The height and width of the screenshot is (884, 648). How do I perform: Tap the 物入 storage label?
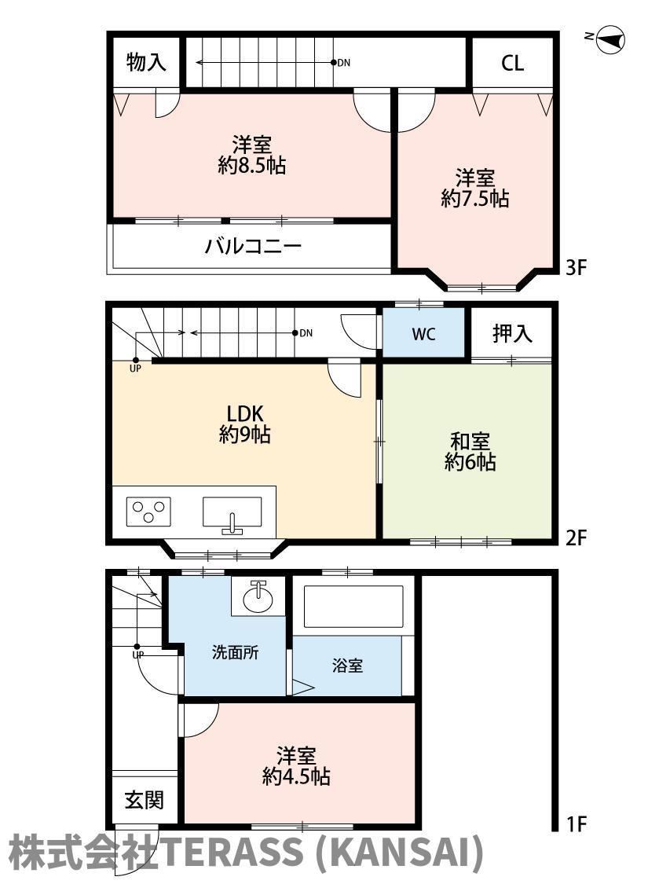click(147, 61)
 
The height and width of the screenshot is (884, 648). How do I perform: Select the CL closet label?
click(512, 63)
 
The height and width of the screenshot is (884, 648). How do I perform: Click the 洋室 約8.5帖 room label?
click(252, 155)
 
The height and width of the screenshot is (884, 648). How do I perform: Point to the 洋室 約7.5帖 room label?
click(475, 189)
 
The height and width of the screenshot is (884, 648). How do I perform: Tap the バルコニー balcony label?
click(253, 247)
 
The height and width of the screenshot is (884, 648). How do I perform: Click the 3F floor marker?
click(577, 266)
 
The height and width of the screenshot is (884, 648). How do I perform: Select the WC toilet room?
click(423, 332)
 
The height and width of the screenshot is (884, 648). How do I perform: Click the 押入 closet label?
click(512, 333)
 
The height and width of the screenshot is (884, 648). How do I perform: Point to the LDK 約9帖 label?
click(244, 424)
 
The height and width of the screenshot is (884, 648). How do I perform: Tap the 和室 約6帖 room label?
click(470, 452)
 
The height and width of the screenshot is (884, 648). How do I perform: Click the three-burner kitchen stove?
click(148, 512)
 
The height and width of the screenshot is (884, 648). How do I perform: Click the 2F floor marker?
click(577, 537)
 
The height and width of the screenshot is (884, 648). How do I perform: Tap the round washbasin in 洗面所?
click(258, 597)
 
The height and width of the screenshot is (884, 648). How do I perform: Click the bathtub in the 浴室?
click(353, 607)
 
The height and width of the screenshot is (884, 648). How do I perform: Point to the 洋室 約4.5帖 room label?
click(296, 766)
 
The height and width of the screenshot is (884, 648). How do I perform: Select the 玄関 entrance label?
click(145, 799)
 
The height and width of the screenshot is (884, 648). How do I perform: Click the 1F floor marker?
click(577, 824)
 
